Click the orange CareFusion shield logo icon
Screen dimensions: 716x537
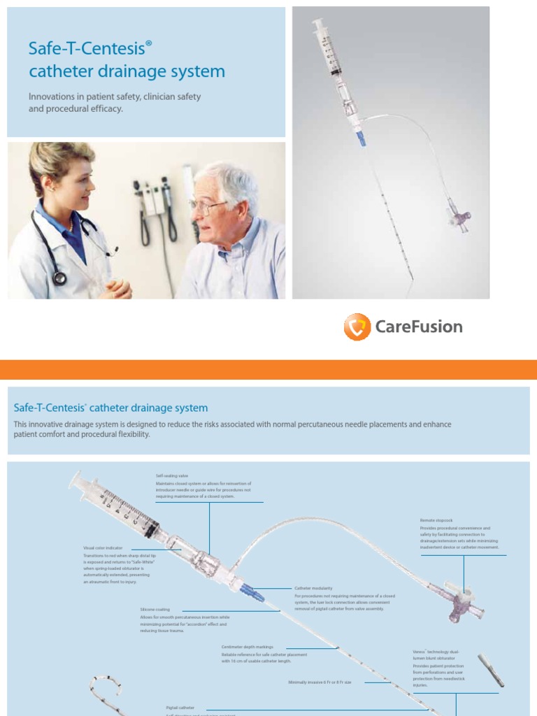[357, 327]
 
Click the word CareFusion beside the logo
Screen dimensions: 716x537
[418, 327]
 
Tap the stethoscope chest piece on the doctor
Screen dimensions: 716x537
[59, 278]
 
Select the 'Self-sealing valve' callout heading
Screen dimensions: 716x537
[172, 475]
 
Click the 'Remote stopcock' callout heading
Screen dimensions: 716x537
[436, 521]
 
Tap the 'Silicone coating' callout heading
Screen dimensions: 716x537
[155, 610]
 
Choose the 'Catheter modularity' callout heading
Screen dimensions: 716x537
[313, 589]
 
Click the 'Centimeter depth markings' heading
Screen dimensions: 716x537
[248, 647]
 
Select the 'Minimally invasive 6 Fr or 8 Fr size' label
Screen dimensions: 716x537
[320, 682]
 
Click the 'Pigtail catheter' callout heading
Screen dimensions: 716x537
[180, 708]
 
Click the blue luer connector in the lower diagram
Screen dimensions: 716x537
[252, 593]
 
